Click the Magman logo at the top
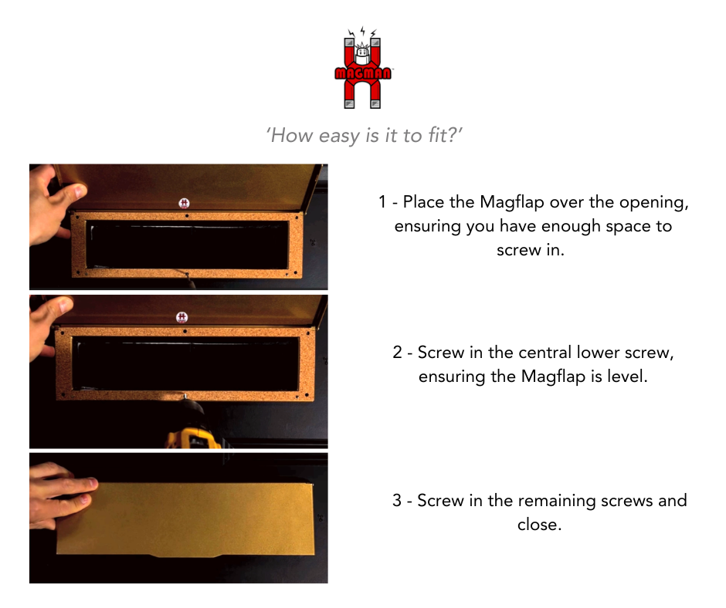363,69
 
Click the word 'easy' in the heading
337,136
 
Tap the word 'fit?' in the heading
444,136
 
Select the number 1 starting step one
382,203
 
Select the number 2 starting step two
397,353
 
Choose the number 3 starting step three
397,501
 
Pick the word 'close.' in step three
538,525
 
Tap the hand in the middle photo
48,324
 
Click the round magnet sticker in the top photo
184,203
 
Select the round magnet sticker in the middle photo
181,317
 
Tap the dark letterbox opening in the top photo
185,245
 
